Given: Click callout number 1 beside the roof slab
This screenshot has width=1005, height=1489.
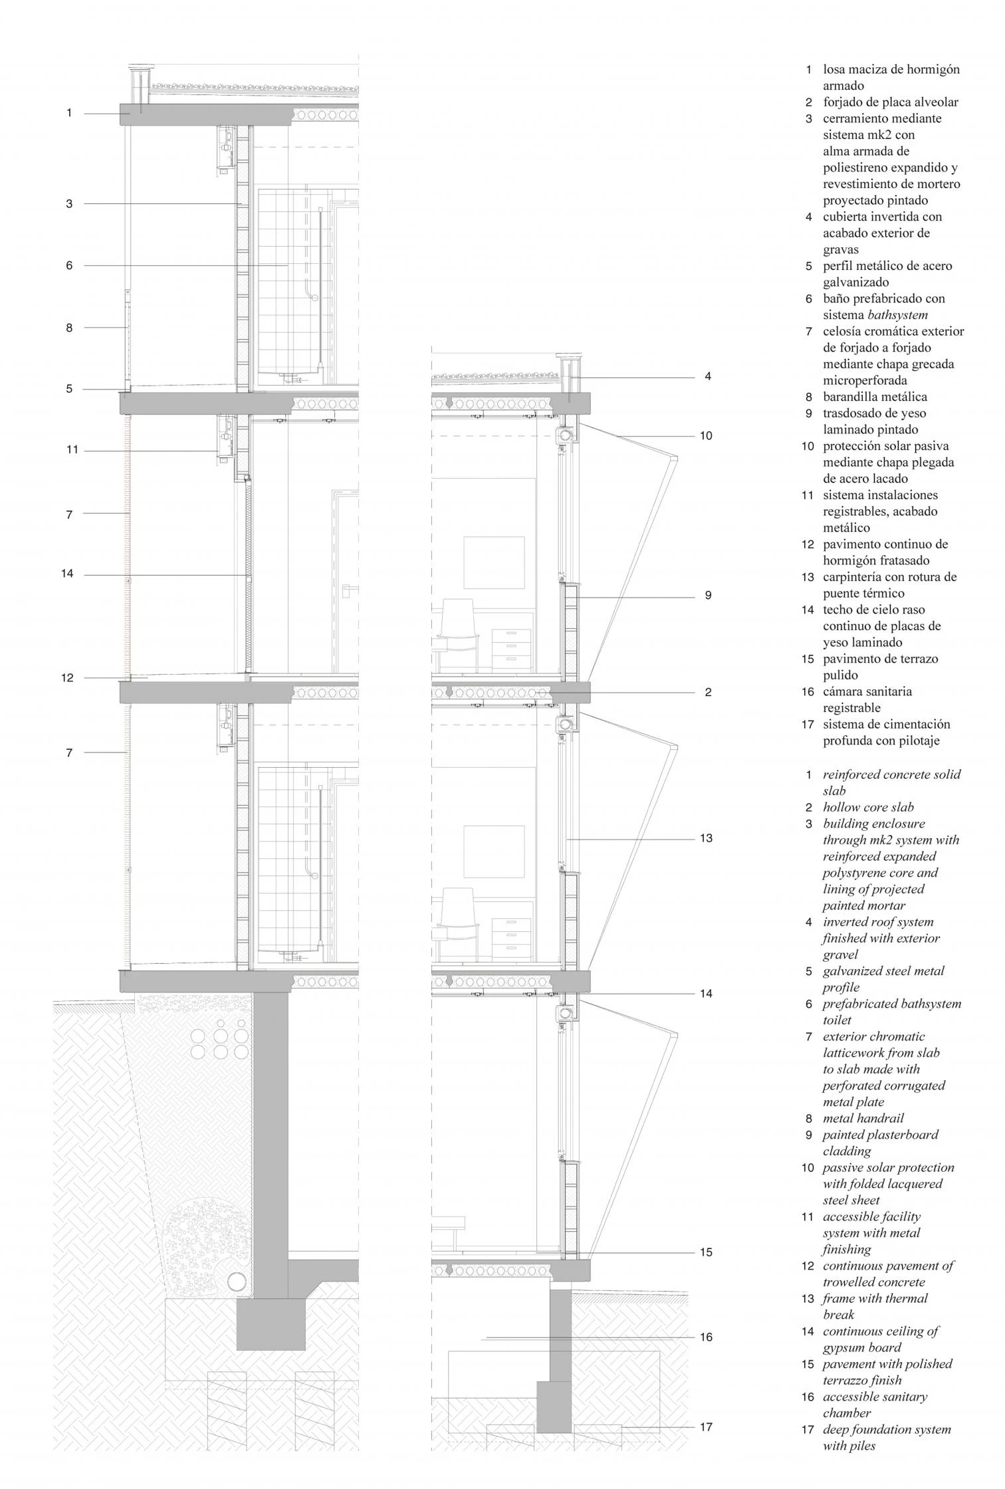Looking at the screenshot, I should pos(69,113).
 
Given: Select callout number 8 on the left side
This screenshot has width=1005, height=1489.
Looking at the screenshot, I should pos(69,327).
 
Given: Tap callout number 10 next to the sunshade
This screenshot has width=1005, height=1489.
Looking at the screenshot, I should pos(706,436).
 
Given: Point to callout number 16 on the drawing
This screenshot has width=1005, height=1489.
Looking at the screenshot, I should pos(706,1337).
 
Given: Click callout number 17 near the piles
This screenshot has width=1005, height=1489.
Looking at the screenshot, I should pos(706,1427).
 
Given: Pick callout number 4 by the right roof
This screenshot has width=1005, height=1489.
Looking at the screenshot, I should pos(708,376).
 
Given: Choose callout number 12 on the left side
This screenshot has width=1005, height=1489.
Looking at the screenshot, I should pos(68,678).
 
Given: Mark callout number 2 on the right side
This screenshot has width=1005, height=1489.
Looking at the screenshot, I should pos(708,692).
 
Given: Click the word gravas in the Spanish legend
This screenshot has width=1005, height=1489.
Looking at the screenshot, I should pos(841,249).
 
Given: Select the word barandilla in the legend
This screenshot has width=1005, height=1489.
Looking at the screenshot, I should pos(853,397).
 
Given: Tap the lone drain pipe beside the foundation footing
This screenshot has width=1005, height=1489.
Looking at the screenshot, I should pos(236,1281).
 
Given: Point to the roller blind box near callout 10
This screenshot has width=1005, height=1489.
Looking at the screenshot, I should pos(566,436).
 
